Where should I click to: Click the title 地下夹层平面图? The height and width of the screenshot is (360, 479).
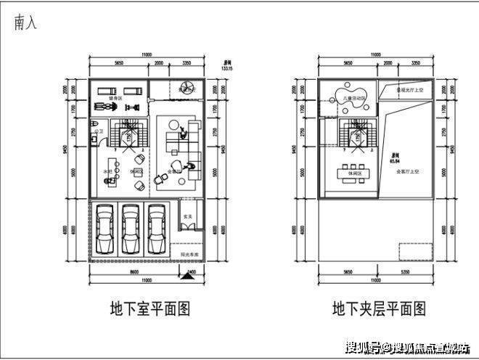coord(378,309)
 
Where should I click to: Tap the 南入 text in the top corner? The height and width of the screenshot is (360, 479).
coord(25,22)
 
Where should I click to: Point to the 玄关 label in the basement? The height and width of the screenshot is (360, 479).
coord(187,217)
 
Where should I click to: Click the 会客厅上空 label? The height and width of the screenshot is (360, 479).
coord(409,172)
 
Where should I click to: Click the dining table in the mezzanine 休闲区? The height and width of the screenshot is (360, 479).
coord(356,173)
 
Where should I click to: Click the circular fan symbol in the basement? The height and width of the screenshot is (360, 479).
coord(182,89)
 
